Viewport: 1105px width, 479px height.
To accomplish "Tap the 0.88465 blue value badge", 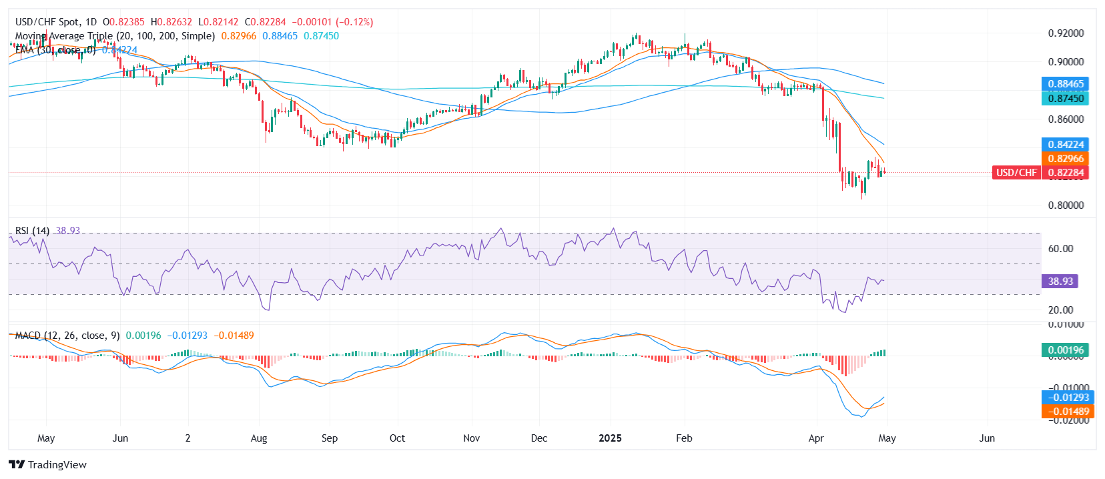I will tap(1065, 84).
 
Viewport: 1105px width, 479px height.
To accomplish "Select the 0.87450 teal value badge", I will tap(1065, 98).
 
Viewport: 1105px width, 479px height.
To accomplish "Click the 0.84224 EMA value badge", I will tap(1065, 145).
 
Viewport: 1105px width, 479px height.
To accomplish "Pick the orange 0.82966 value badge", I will tap(1065, 159).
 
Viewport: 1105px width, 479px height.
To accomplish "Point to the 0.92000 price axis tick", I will tap(1065, 33).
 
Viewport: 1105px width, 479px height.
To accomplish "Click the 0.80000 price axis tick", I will tap(1065, 205).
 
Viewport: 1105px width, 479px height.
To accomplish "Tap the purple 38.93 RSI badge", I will tap(1060, 282).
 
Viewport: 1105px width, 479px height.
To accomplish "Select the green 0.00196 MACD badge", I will tap(1065, 350).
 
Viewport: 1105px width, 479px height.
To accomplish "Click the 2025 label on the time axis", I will tap(610, 438).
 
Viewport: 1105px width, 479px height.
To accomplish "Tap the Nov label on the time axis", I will tap(471, 438).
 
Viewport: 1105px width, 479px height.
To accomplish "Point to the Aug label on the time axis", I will tap(259, 438).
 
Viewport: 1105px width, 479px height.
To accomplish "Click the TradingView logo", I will tap(48, 465).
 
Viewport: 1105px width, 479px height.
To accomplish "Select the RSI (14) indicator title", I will tap(32, 231).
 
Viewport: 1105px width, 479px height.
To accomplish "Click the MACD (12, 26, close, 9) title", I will tap(67, 336).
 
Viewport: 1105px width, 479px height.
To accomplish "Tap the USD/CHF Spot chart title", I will tap(56, 22).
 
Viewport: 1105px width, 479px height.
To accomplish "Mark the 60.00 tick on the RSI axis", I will tap(1060, 249).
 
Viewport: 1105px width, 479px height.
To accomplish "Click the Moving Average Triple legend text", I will tap(115, 36).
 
